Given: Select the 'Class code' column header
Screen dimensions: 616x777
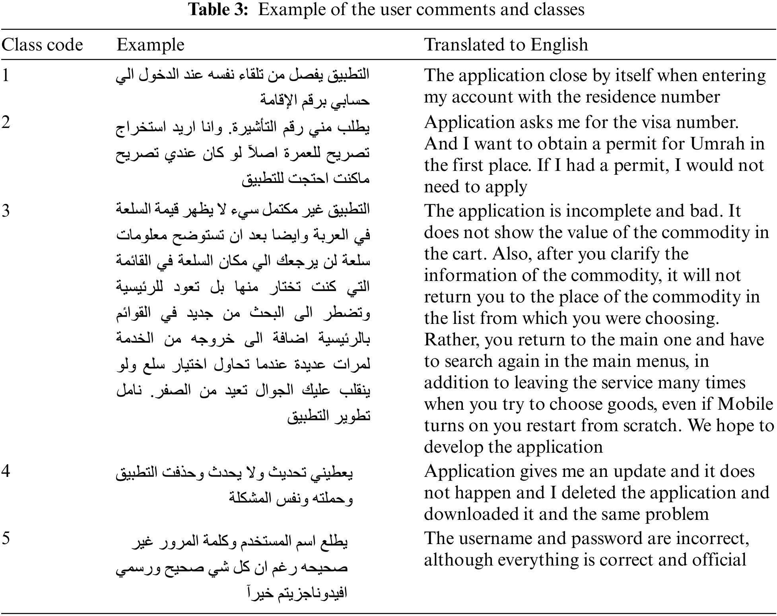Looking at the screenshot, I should (x=42, y=45).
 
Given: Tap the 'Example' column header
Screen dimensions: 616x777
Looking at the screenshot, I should (x=150, y=45).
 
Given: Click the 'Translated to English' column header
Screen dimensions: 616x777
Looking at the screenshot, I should (x=506, y=45).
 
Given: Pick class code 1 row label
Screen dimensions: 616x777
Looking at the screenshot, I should (x=6, y=75).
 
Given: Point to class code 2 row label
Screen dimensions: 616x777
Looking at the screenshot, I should (x=6, y=122).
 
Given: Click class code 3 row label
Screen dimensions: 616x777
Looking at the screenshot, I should (x=6, y=211).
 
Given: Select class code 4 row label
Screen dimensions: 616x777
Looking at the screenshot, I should (x=6, y=471).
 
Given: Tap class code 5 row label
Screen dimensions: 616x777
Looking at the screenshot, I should (x=6, y=538).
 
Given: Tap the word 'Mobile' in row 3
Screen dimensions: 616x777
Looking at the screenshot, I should (x=745, y=404).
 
